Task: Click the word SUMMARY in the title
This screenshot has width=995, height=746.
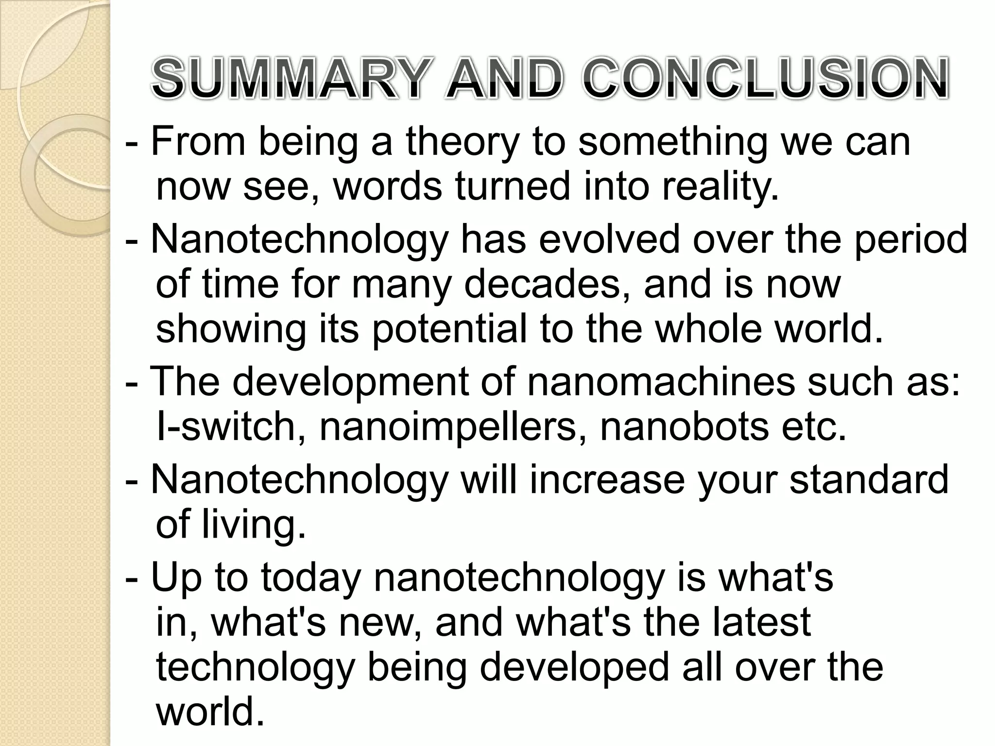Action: click(x=291, y=79)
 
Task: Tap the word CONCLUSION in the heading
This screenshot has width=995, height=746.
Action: click(x=765, y=79)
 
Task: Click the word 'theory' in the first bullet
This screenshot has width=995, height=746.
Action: click(x=462, y=142)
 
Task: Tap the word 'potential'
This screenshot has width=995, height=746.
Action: click(x=449, y=329)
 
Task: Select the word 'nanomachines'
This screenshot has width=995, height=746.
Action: click(x=661, y=382)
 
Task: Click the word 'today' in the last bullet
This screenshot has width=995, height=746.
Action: click(x=311, y=578)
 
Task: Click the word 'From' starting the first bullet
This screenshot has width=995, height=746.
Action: click(x=198, y=142)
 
